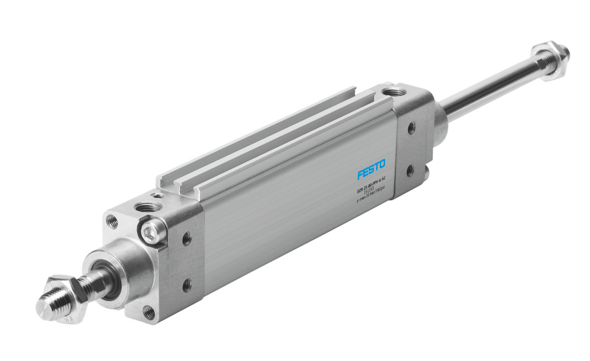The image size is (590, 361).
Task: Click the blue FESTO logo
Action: (372, 169)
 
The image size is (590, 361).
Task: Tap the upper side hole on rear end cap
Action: (411, 128)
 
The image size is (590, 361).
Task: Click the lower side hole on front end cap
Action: (187, 285)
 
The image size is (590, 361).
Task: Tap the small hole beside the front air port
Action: (160, 196)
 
